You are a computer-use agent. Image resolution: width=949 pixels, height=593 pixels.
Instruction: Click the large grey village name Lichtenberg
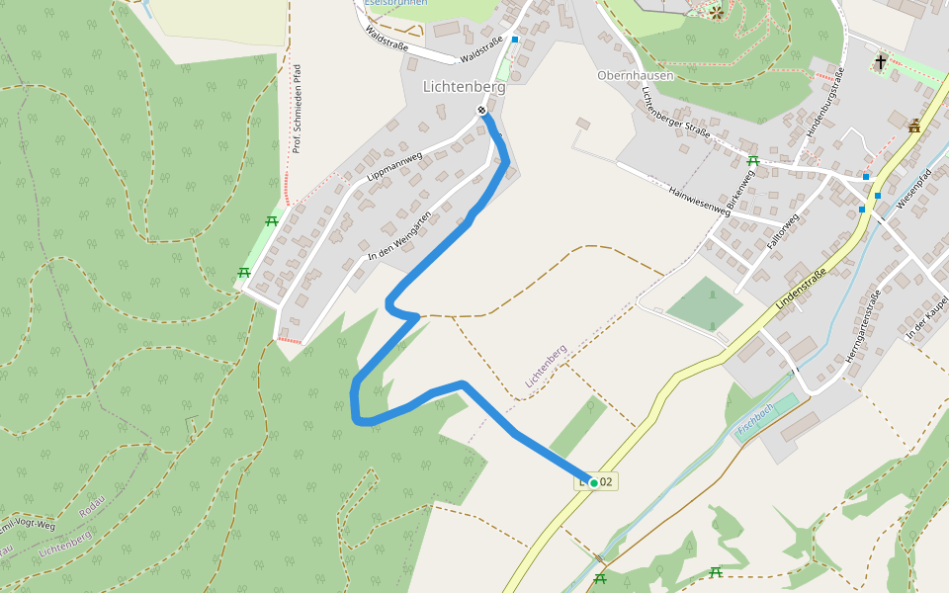pyautogui.click(x=464, y=87)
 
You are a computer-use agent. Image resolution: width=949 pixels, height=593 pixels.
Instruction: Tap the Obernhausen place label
pyautogui.click(x=635, y=75)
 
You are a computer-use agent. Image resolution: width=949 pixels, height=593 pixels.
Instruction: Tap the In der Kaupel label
pyautogui.click(x=926, y=316)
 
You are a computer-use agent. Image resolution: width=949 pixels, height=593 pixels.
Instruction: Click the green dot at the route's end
pyautogui.click(x=594, y=482)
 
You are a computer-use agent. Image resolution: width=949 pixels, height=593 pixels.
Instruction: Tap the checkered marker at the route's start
pyautogui.click(x=481, y=110)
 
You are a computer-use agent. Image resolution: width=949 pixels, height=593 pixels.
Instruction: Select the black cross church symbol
pyautogui.click(x=879, y=63)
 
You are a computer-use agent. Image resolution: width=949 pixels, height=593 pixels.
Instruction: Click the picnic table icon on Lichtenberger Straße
pyautogui.click(x=753, y=160)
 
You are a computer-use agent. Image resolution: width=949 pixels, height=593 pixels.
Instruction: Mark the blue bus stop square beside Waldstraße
pyautogui.click(x=514, y=40)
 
